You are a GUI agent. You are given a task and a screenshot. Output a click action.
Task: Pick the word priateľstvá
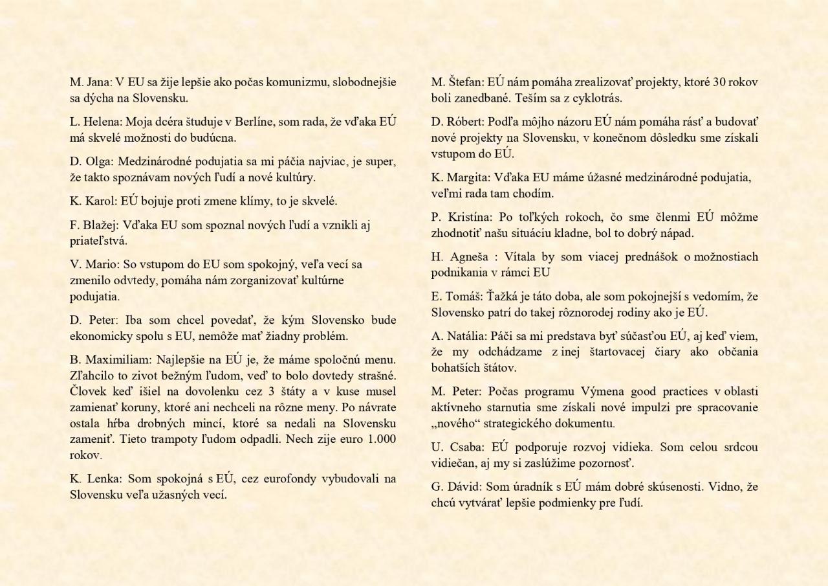(98, 241)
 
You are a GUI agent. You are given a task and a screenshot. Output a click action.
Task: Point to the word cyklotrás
(592, 98)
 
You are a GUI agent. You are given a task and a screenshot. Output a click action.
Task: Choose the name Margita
(468, 177)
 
